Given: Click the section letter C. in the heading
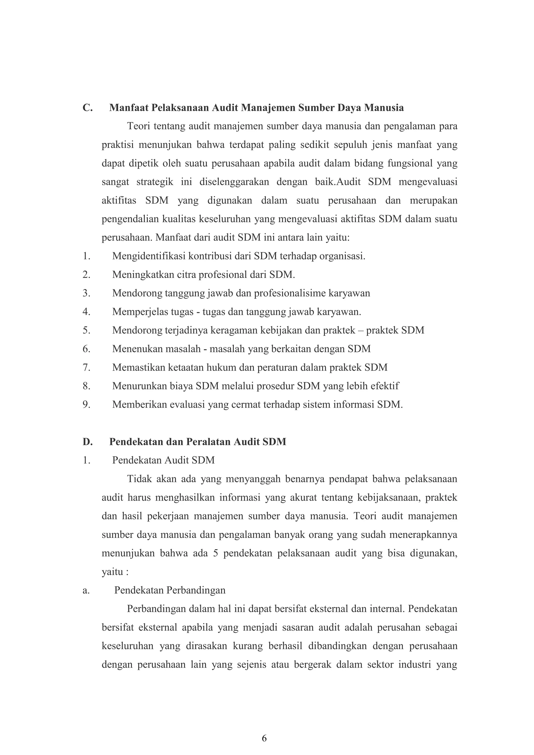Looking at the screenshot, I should click(87, 108).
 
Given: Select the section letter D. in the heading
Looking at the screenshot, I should click(87, 442).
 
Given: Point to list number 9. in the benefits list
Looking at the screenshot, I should click(87, 404).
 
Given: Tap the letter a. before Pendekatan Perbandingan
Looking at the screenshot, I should click(86, 590).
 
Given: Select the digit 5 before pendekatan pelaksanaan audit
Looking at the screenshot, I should click(216, 553).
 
